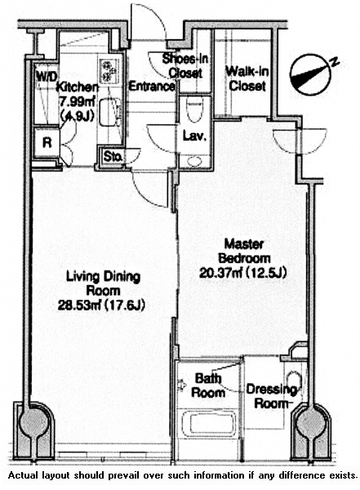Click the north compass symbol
click(x=310, y=74)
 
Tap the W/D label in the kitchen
click(x=47, y=76)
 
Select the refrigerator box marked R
click(x=47, y=143)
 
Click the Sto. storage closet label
click(x=113, y=156)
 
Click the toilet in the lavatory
click(x=194, y=109)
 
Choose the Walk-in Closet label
click(x=247, y=78)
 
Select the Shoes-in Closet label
click(x=185, y=66)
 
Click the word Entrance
click(x=152, y=86)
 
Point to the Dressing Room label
click(x=271, y=396)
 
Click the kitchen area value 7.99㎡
click(x=78, y=102)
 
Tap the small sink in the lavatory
click(x=195, y=161)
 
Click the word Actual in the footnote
click(x=20, y=475)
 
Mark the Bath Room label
click(x=208, y=385)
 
